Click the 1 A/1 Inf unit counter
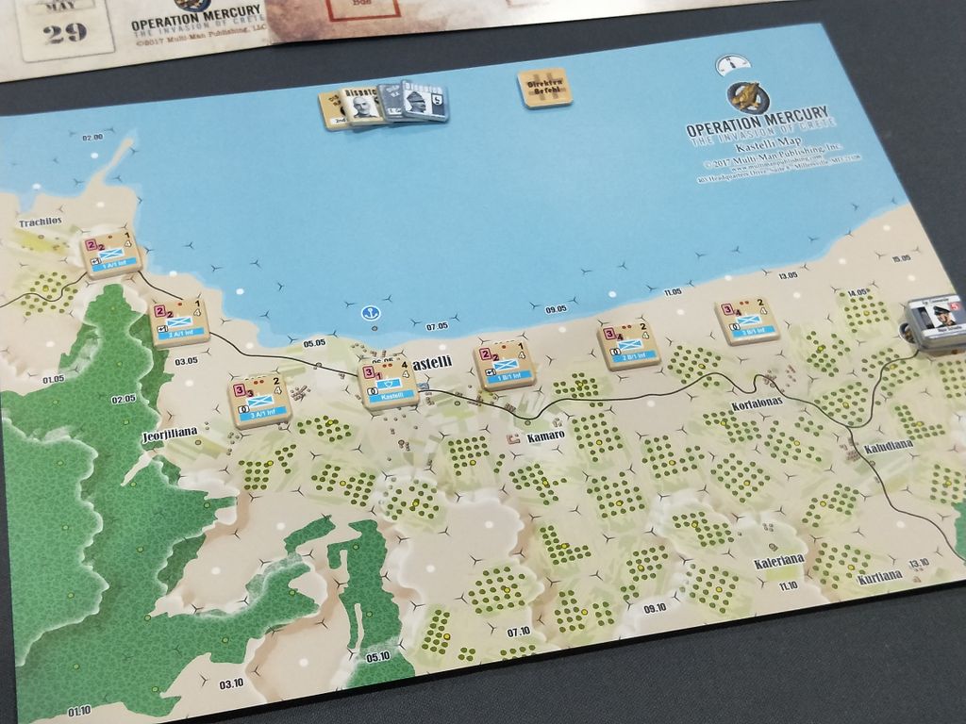click(112, 254)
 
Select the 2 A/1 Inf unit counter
click(178, 321)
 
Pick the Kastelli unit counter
click(390, 386)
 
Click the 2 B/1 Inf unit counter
click(627, 344)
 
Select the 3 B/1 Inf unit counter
click(746, 321)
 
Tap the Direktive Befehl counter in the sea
click(545, 89)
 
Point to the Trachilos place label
click(40, 222)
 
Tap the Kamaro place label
click(546, 436)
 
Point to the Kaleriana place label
click(779, 559)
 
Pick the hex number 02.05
click(124, 400)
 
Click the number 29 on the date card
click(66, 33)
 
